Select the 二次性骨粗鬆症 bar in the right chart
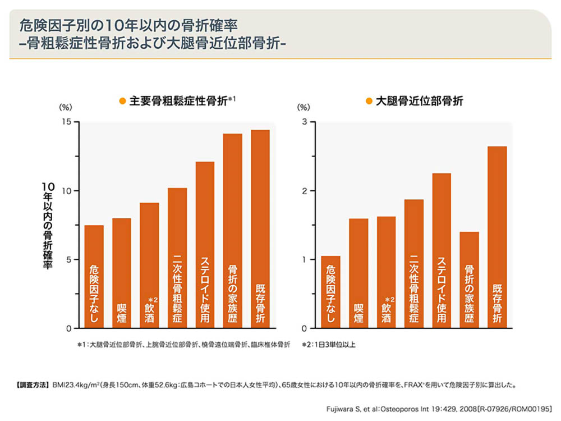[414, 264]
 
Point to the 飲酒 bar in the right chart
[386, 272]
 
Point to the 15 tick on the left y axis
[67, 122]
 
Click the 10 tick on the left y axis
[67, 191]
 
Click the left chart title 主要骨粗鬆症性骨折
[178, 101]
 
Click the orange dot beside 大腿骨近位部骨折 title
[369, 102]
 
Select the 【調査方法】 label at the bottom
[30, 386]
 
